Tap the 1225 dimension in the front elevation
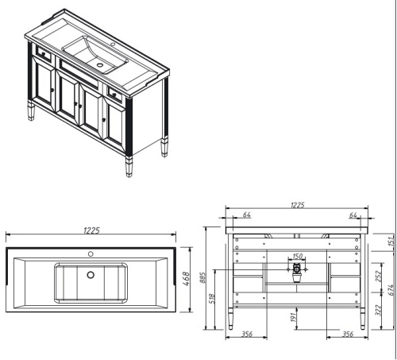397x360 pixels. point(298,205)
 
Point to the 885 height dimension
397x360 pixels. point(205,277)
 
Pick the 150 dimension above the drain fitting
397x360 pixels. point(297,256)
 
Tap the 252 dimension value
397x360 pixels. point(380,277)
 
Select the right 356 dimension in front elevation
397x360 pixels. point(346,334)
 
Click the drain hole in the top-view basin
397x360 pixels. point(91,275)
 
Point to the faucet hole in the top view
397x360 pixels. point(91,254)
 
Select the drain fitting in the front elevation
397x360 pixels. point(297,271)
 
